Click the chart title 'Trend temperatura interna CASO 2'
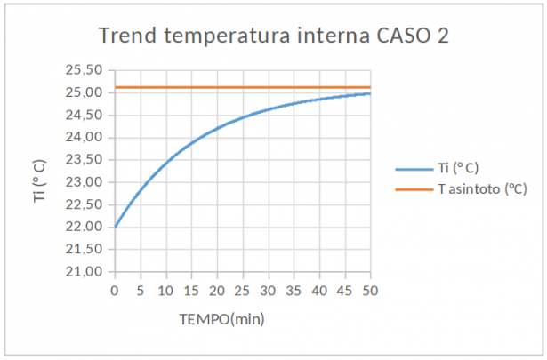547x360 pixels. [x=274, y=36]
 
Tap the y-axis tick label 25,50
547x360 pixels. [x=86, y=70]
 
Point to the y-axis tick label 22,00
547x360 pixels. [x=86, y=227]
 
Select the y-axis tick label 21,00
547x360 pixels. [x=86, y=271]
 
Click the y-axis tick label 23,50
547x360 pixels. [x=86, y=160]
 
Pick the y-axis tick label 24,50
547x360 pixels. [x=86, y=116]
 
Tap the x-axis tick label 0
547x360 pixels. [x=115, y=290]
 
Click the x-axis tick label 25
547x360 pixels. [x=243, y=290]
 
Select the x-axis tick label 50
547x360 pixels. [x=370, y=290]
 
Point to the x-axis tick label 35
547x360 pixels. [x=294, y=290]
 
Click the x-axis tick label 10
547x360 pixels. [x=165, y=290]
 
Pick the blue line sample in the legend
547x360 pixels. [x=413, y=167]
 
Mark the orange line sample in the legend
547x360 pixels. [x=413, y=188]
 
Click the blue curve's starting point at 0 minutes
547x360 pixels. [x=116, y=227]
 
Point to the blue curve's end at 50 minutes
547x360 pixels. [x=370, y=93]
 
